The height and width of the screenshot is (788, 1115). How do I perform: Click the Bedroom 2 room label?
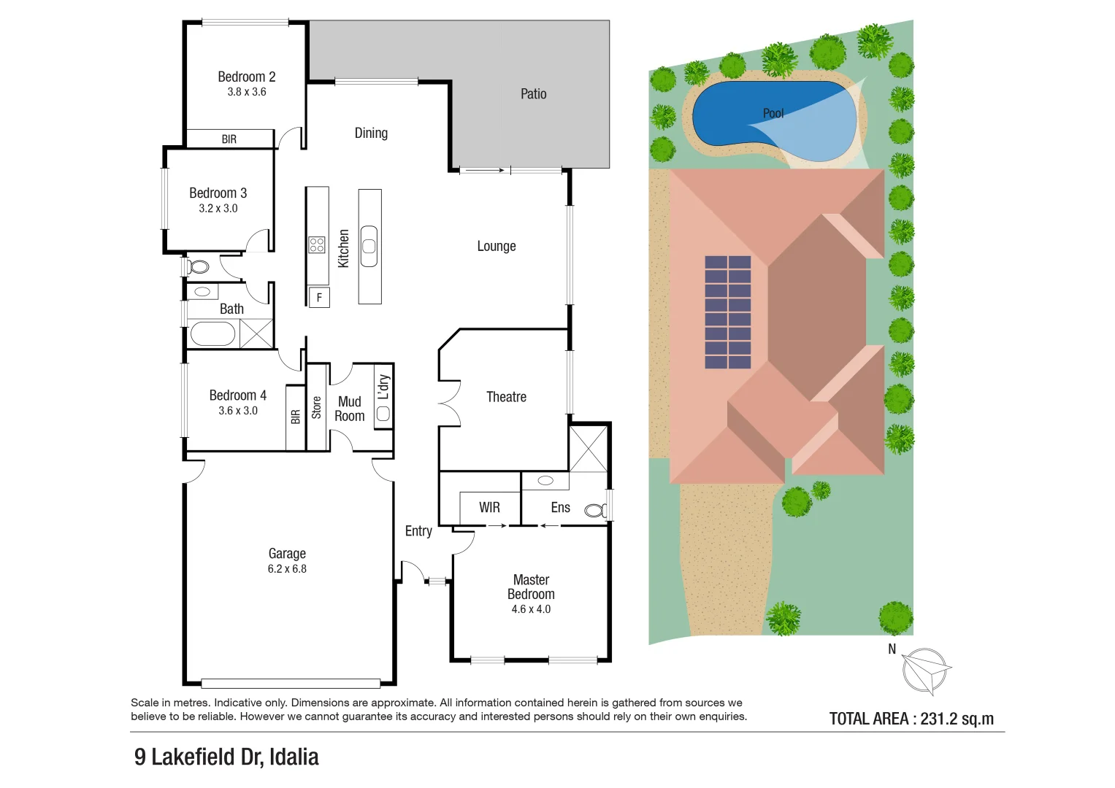pyautogui.click(x=246, y=77)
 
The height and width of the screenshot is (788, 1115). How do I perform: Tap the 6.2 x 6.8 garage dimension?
pyautogui.click(x=287, y=569)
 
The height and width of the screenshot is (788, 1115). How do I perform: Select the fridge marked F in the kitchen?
pyautogui.click(x=319, y=298)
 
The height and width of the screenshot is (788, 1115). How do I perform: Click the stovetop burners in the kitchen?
pyautogui.click(x=317, y=244)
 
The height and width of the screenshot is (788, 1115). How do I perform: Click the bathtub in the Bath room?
pyautogui.click(x=212, y=334)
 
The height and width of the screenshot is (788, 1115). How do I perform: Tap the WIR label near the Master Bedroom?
pyautogui.click(x=489, y=507)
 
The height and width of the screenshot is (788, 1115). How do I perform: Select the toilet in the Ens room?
pyautogui.click(x=595, y=510)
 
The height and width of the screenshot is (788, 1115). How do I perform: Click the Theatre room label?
pyautogui.click(x=506, y=397)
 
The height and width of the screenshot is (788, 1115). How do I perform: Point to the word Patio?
pyautogui.click(x=533, y=94)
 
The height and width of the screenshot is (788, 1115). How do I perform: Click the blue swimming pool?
pyautogui.click(x=730, y=113)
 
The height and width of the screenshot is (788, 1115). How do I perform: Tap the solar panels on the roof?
pyautogui.click(x=727, y=312)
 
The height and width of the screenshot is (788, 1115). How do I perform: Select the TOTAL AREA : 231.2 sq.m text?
pyautogui.click(x=911, y=719)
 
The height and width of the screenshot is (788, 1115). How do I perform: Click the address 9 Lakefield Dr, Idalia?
pyautogui.click(x=226, y=757)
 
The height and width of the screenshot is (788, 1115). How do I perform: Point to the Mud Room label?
pyautogui.click(x=349, y=409)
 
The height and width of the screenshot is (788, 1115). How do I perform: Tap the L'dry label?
pyautogui.click(x=383, y=388)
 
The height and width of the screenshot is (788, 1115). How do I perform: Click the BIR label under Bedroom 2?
pyautogui.click(x=229, y=139)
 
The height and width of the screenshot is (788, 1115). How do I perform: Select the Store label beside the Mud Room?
pyautogui.click(x=316, y=407)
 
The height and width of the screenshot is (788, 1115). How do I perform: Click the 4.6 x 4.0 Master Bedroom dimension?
pyautogui.click(x=531, y=609)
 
